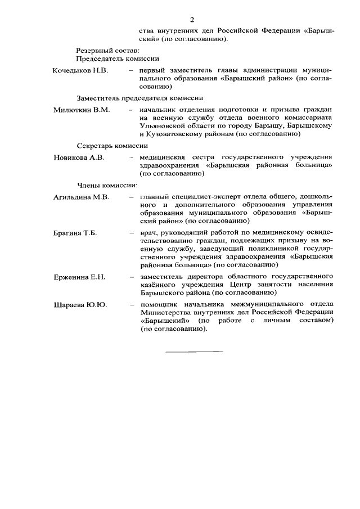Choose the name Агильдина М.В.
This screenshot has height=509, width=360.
81,197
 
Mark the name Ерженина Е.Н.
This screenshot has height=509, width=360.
79,277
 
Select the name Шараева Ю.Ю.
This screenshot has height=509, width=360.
80,305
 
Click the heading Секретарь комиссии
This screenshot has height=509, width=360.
112,145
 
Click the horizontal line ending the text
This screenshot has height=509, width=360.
193,352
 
